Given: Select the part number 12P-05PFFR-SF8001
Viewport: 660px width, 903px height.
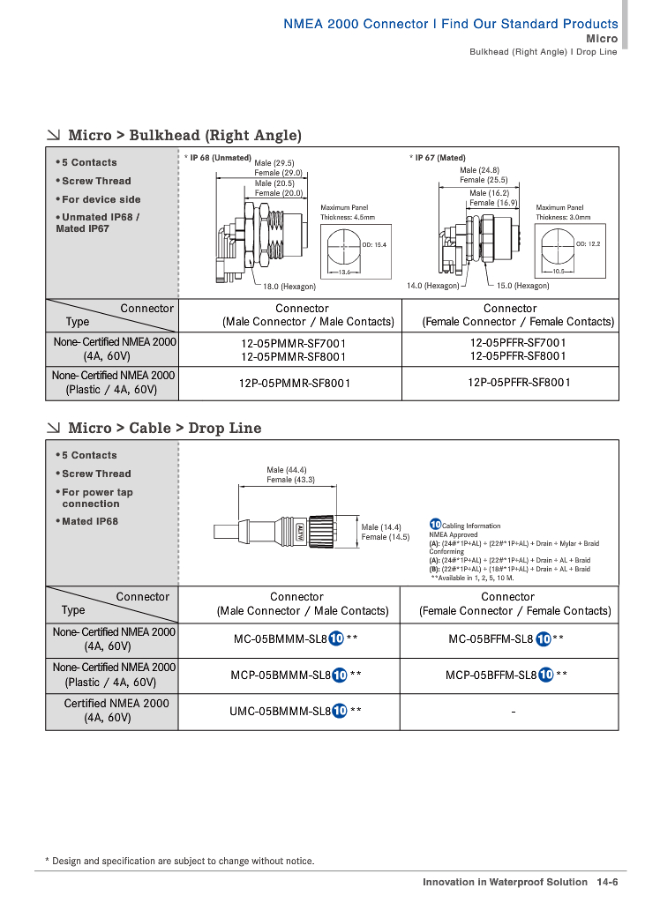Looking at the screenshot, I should (x=519, y=383).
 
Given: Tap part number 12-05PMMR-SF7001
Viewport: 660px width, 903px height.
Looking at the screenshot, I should (x=294, y=344).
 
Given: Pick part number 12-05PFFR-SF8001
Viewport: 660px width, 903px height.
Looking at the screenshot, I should (x=518, y=356).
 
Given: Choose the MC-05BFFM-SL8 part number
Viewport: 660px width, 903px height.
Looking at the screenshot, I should (x=491, y=639).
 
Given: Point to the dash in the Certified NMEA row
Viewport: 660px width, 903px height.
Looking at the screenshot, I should (x=512, y=711).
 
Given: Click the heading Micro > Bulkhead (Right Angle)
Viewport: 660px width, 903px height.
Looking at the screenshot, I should (x=184, y=136).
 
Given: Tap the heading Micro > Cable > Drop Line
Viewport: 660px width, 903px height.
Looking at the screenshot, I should (x=164, y=429).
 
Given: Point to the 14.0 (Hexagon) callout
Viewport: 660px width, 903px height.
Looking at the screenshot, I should (x=433, y=287).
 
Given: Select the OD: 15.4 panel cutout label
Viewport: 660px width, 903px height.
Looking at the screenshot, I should (x=374, y=244).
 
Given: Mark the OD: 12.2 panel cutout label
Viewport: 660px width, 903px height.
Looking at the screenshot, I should (x=588, y=243).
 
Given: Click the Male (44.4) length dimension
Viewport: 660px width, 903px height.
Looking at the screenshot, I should (x=287, y=470).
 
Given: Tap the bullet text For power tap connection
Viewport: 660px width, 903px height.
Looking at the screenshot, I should (x=95, y=498).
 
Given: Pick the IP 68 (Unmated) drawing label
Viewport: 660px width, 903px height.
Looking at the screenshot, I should (x=221, y=158).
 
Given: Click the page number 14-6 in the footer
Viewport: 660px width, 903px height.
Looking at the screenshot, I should (x=607, y=882).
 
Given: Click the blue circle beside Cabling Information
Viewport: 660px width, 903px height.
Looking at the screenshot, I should (x=435, y=525).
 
